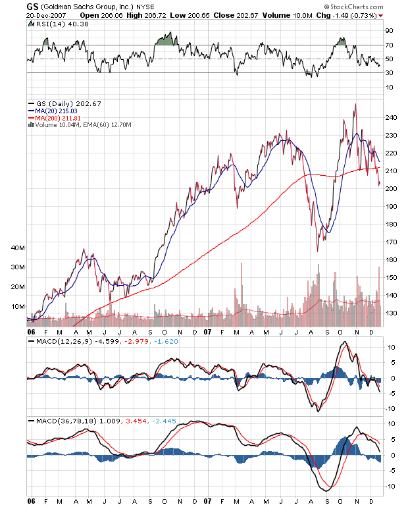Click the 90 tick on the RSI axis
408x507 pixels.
(389, 30)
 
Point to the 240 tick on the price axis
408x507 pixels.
(392, 118)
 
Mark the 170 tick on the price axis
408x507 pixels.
(392, 242)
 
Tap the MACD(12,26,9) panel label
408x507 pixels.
(62, 342)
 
